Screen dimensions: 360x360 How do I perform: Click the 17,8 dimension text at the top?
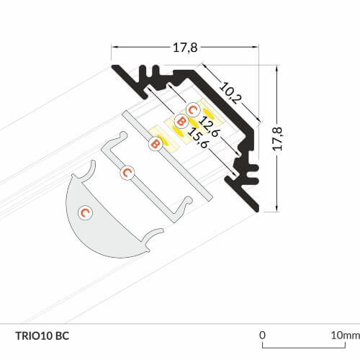[x=185, y=48]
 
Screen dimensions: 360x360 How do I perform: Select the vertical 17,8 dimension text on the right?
[x=278, y=139]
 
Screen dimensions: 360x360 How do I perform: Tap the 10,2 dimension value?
[x=230, y=93]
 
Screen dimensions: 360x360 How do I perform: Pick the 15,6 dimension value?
[x=198, y=138]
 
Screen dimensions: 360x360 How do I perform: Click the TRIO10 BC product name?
[x=42, y=336]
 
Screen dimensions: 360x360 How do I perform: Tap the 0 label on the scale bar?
[x=262, y=335]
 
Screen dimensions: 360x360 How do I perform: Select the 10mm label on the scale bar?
[x=346, y=336]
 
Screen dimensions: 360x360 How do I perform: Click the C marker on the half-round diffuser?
[x=86, y=212]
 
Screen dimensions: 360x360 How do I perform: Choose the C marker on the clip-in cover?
[x=127, y=173]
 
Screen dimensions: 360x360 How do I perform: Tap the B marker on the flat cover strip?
[x=156, y=144]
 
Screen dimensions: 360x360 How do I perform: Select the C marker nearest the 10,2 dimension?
[x=193, y=110]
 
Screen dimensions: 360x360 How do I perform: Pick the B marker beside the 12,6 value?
[x=181, y=122]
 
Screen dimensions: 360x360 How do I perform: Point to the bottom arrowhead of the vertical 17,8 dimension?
[x=277, y=208]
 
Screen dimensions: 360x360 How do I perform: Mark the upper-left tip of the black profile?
[x=113, y=66]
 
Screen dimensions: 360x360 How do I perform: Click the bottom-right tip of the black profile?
[x=257, y=210]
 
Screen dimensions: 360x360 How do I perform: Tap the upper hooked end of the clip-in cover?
[x=123, y=135]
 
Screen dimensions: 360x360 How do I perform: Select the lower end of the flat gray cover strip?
[x=210, y=198]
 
